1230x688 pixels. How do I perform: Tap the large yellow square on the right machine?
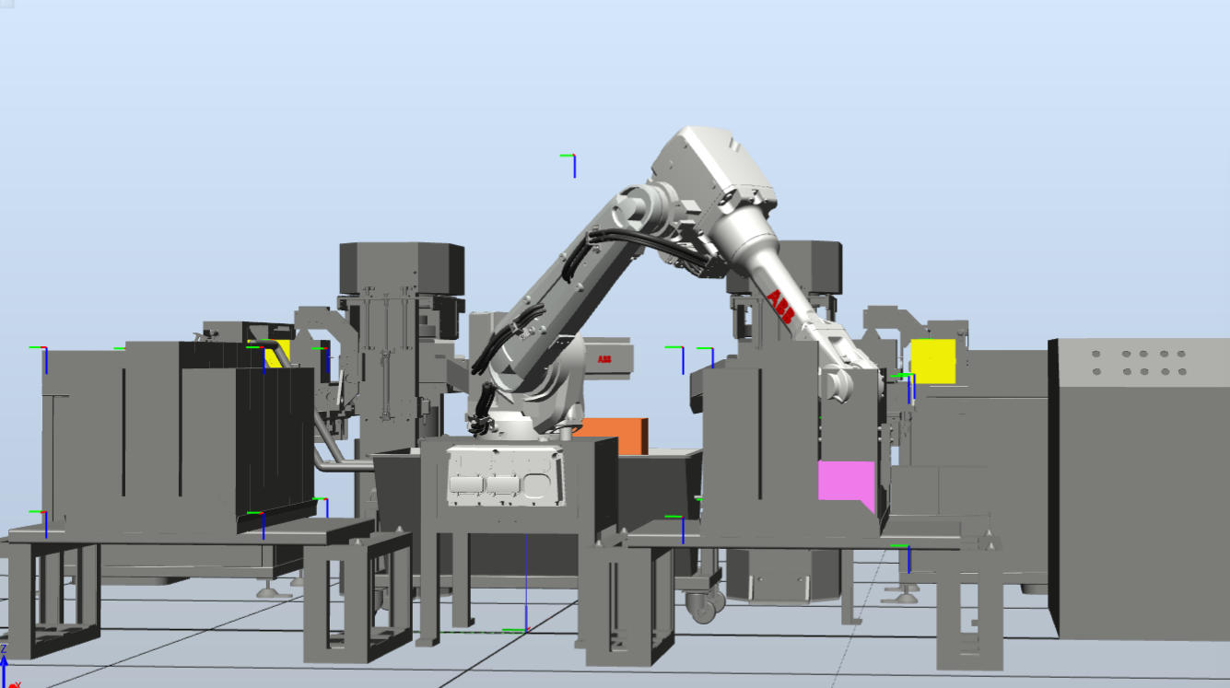click(x=933, y=361)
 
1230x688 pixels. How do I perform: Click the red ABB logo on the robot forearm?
click(x=780, y=307)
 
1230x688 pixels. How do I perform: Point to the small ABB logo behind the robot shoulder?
click(x=604, y=359)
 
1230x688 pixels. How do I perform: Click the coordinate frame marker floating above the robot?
click(x=569, y=165)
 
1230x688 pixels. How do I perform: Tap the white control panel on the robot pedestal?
click(x=505, y=476)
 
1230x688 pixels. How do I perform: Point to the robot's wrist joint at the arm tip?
click(x=838, y=383)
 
